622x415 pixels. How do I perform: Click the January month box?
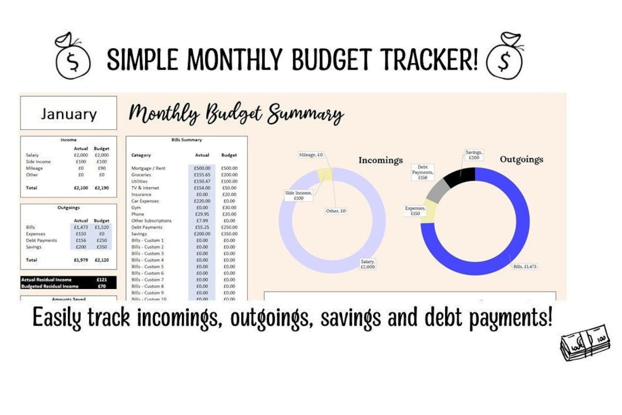pos(69,113)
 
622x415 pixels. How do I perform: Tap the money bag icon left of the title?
pos(73,56)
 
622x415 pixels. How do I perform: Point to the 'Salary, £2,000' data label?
pos(367,264)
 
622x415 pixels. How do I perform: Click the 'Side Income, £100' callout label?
pos(298,196)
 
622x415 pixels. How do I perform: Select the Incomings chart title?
pos(381,160)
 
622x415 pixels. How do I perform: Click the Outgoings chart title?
pos(521,159)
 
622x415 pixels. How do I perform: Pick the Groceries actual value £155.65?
pos(202,175)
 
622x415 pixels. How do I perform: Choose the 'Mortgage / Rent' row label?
pos(148,168)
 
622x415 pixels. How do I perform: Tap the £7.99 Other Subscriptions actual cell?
pos(202,220)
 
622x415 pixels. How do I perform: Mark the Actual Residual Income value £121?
pos(102,280)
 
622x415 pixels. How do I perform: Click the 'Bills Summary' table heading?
pos(187,140)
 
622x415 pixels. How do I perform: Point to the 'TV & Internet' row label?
pos(145,188)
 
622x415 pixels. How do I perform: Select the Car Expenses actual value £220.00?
pos(202,201)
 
